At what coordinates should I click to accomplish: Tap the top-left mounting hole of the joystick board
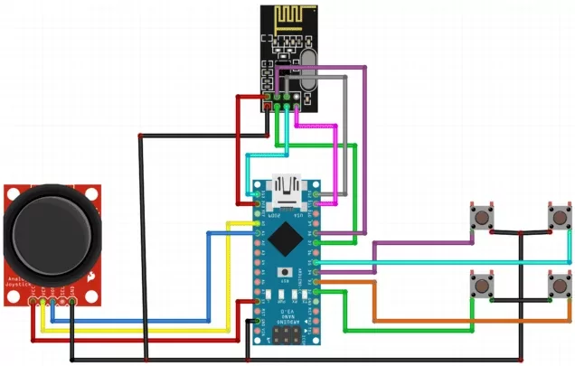click(12, 192)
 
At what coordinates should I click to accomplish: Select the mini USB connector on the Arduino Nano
click(289, 188)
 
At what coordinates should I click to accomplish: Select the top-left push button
click(480, 218)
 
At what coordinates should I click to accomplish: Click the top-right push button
click(560, 218)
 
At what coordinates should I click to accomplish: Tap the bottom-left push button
click(482, 286)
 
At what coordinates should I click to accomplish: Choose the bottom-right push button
click(560, 286)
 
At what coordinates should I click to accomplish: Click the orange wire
click(434, 322)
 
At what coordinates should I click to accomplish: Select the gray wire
click(346, 117)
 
